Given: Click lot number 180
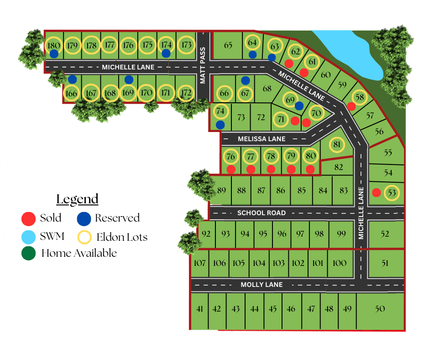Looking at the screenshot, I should click(x=53, y=45).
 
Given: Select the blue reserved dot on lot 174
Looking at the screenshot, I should click(x=166, y=53).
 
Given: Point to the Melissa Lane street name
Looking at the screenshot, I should click(x=262, y=139).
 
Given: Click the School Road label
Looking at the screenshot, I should click(x=262, y=213).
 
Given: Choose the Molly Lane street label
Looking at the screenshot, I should click(x=262, y=285).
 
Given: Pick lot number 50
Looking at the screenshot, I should click(x=380, y=309).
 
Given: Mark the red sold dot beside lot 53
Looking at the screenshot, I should click(x=377, y=192).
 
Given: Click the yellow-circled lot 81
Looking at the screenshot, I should click(x=337, y=145).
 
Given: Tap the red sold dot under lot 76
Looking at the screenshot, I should click(x=231, y=169).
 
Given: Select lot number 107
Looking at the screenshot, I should click(x=199, y=263).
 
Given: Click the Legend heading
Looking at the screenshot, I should click(x=77, y=199).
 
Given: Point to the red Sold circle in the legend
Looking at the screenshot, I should click(x=28, y=219).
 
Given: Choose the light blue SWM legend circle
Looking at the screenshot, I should click(x=28, y=237).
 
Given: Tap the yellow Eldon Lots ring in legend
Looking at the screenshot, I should click(x=84, y=237).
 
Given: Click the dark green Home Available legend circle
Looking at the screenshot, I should click(x=28, y=253).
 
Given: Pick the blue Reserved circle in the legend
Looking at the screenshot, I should click(x=84, y=219).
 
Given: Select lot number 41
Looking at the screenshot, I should click(x=199, y=309).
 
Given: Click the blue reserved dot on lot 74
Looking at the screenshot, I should click(x=220, y=124).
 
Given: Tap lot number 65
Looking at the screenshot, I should click(x=228, y=45).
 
